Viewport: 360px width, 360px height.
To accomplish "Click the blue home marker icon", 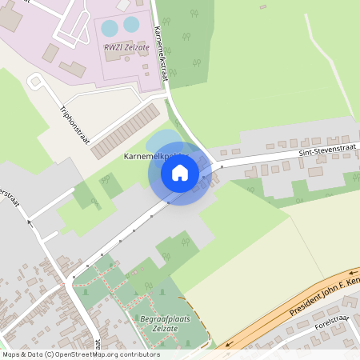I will pos(180,173).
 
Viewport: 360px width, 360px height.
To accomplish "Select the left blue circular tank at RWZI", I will pos(109,28).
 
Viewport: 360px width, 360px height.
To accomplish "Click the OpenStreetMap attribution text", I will pos(81,354).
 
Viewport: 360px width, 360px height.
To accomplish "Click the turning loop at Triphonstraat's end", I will pos(34,82).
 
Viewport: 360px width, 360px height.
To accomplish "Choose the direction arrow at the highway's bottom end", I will pos(228,346).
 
